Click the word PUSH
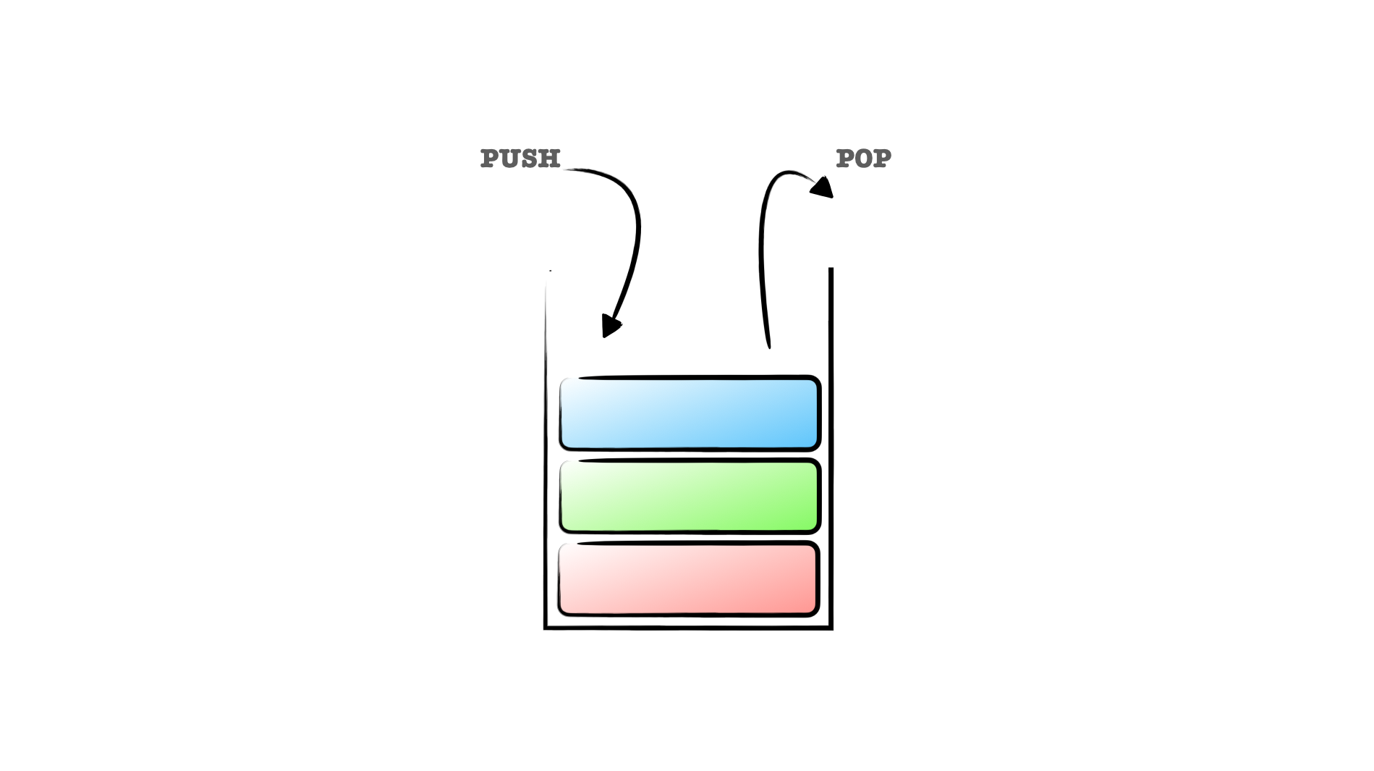520,159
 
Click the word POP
863,159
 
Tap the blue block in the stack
690,413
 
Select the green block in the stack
690,496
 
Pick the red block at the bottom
688,579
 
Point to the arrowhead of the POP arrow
823,188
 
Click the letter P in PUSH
491,159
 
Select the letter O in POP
863,159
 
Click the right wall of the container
831,449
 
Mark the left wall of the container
546,449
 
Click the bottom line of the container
688,628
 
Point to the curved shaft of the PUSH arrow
636,232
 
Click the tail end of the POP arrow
768,345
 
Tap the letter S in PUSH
530,159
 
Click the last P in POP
882,159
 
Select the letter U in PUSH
510,159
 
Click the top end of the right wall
831,271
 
